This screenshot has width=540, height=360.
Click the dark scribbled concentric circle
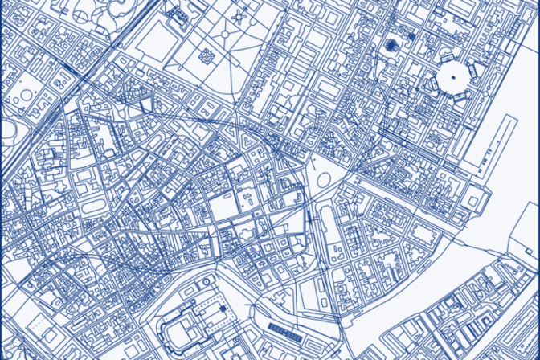392,46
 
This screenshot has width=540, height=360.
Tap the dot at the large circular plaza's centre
452,79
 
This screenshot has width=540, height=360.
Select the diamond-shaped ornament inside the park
207,56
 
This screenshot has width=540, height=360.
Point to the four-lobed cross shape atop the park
239,15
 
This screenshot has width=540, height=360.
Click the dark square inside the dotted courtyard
223,307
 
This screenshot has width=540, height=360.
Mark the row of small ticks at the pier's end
481,167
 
